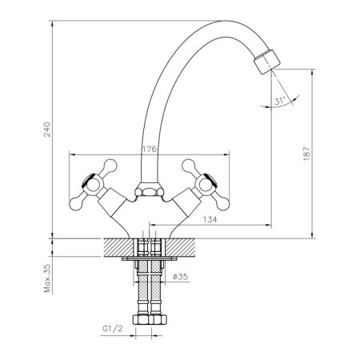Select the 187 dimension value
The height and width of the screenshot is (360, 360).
tap(318, 154)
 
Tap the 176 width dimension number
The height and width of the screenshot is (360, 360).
tap(148, 147)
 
